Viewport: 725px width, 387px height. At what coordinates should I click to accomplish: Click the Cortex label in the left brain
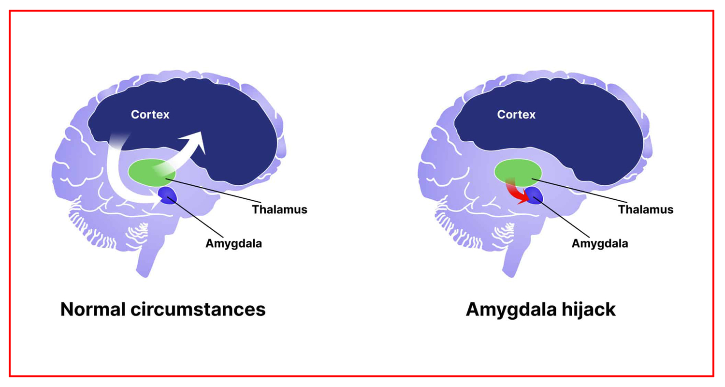click(150, 115)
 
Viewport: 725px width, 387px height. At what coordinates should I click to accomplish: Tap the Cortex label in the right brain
click(516, 115)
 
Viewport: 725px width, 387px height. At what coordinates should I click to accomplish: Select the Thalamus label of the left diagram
click(279, 210)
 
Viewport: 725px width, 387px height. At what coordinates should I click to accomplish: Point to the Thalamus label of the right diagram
click(646, 210)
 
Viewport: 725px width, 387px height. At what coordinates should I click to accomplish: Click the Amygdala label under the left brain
click(233, 243)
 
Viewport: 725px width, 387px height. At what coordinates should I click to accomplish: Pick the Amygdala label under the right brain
click(600, 243)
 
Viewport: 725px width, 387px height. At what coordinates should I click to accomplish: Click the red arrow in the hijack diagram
click(517, 193)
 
